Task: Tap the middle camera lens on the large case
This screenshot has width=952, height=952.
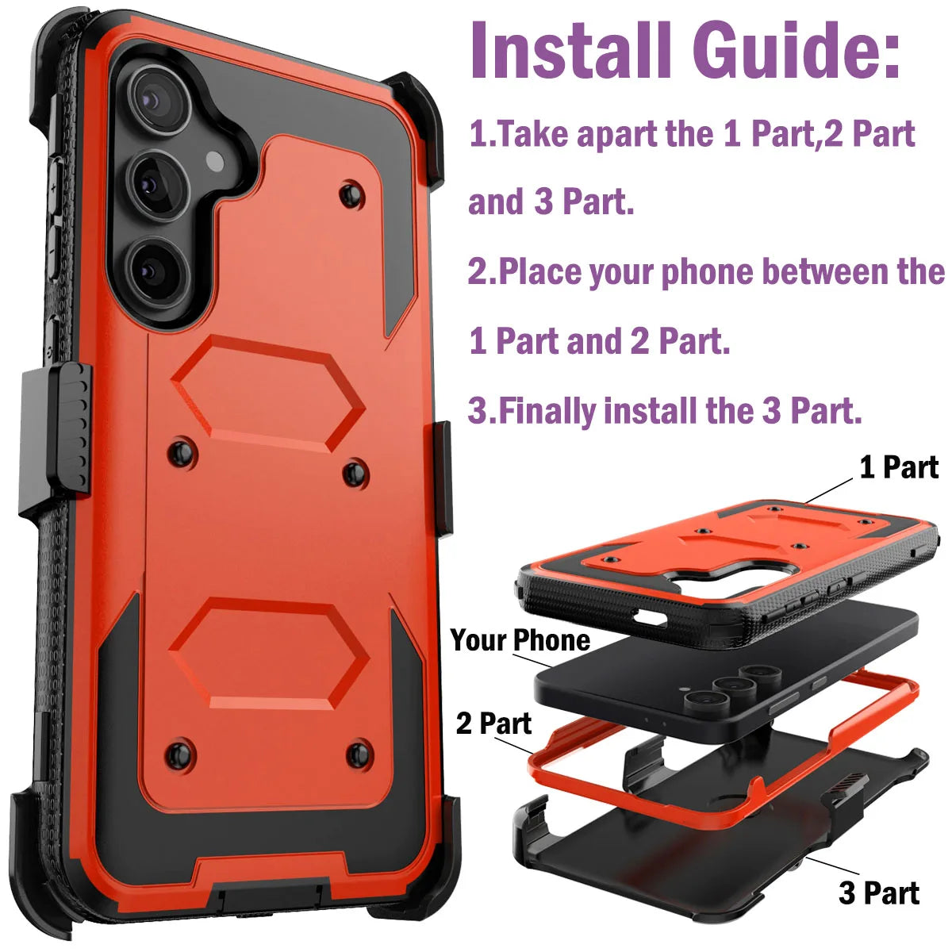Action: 158,185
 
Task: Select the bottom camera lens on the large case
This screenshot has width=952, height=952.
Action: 156,268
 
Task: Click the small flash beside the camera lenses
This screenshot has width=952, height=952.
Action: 215,162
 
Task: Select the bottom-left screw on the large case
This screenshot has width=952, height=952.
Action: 180,751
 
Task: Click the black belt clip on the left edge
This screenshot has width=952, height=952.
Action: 66,432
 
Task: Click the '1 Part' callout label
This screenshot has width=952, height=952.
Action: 899,467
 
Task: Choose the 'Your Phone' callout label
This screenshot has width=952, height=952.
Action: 520,640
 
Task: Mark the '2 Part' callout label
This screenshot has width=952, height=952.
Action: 493,723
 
